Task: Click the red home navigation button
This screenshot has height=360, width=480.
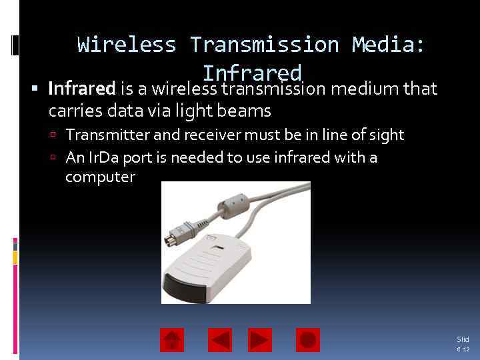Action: pyautogui.click(x=172, y=340)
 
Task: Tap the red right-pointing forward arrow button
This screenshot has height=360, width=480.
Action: pyautogui.click(x=260, y=340)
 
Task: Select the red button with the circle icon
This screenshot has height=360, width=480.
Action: pyautogui.click(x=307, y=340)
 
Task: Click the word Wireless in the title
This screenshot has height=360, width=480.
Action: pyautogui.click(x=127, y=45)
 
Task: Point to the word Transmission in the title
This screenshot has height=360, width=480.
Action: pyautogui.click(x=264, y=45)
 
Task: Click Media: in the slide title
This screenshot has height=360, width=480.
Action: pyautogui.click(x=389, y=45)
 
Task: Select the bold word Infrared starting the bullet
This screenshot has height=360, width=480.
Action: pyautogui.click(x=82, y=88)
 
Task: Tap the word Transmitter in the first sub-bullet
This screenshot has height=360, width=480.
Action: pyautogui.click(x=108, y=135)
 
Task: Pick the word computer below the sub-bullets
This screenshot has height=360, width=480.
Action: pyautogui.click(x=100, y=177)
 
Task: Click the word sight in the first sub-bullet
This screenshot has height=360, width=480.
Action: pyautogui.click(x=387, y=135)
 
